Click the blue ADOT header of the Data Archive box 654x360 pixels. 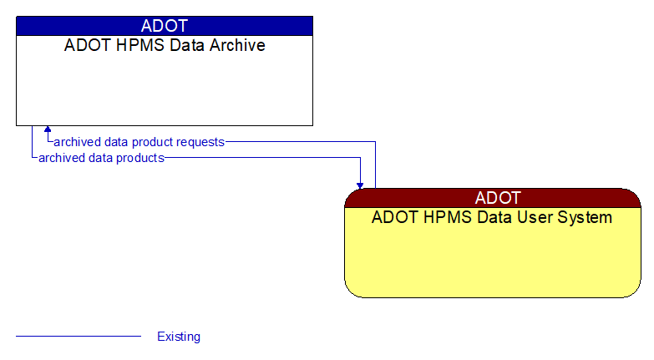pos(165,26)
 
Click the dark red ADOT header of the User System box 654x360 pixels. pos(493,198)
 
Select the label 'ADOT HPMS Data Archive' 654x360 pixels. pos(165,45)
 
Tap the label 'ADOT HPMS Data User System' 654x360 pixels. pos(492,218)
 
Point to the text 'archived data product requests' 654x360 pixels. pos(139,142)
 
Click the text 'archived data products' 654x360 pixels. pos(101,157)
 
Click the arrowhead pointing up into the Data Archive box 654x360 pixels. pos(48,130)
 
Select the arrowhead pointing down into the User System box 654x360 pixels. pos(360,184)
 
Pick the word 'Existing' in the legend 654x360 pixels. pos(179,337)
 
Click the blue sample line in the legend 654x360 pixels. pos(79,337)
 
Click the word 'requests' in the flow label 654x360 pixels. pos(200,142)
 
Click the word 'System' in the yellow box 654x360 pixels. pos(586,218)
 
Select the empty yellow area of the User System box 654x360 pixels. pos(493,263)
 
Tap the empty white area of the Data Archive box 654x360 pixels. pos(165,92)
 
